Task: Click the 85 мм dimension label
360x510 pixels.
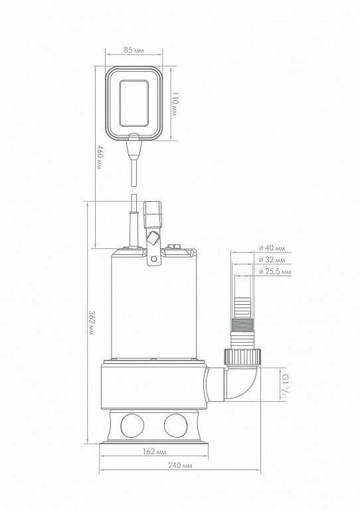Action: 134,50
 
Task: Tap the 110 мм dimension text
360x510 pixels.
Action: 175,104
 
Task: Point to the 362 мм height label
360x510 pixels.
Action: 92,323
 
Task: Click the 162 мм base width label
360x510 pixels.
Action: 155,452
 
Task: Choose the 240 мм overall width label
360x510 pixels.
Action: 180,465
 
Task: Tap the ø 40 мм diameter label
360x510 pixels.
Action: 272,248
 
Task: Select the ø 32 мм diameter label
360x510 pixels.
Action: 272,260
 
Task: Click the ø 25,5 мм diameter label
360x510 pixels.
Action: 275,272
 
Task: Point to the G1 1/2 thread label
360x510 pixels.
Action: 284,384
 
